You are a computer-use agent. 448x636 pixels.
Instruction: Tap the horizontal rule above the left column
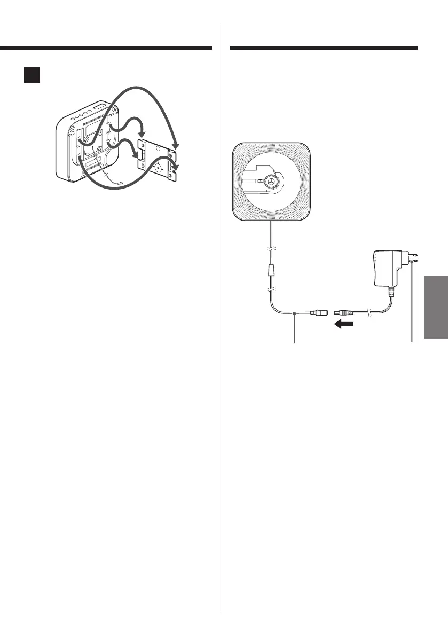[x=106, y=48]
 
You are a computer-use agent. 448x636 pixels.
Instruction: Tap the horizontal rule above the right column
[x=323, y=48]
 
